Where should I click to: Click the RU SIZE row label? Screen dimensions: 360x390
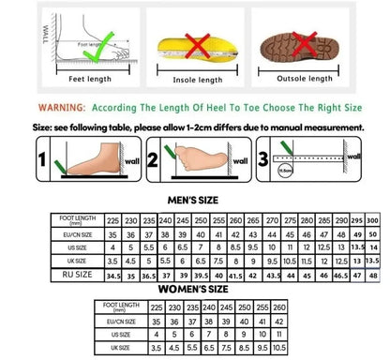coord(52,277)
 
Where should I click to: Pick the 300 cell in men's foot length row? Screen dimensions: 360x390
coord(373,217)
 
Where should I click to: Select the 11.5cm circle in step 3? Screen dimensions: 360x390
coord(282,171)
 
